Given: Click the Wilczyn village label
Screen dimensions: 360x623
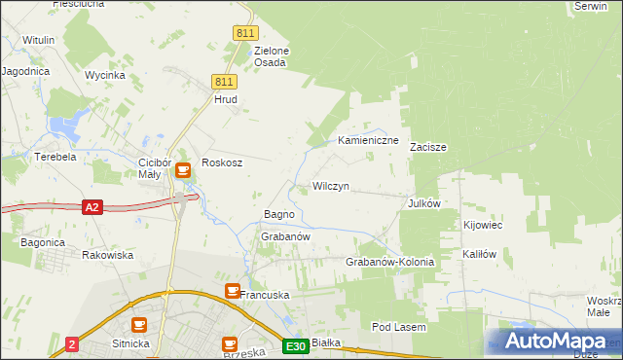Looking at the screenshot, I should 330,186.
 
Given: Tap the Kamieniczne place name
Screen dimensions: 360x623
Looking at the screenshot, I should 369,141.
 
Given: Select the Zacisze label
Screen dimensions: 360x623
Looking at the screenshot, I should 427,148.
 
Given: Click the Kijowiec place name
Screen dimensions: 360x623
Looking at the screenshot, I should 482,225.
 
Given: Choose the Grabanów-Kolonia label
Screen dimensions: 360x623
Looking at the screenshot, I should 389,263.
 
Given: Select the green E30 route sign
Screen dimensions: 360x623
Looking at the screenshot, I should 297,345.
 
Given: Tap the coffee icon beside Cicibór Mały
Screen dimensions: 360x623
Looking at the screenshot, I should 182,171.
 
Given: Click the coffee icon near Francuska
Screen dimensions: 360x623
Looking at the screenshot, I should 232,290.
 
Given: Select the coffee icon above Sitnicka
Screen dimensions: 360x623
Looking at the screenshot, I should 139,325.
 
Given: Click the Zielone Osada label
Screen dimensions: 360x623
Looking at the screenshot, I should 271,56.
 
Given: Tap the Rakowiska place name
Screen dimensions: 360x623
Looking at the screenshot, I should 107,255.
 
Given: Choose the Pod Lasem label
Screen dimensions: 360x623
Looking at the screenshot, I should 398,328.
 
